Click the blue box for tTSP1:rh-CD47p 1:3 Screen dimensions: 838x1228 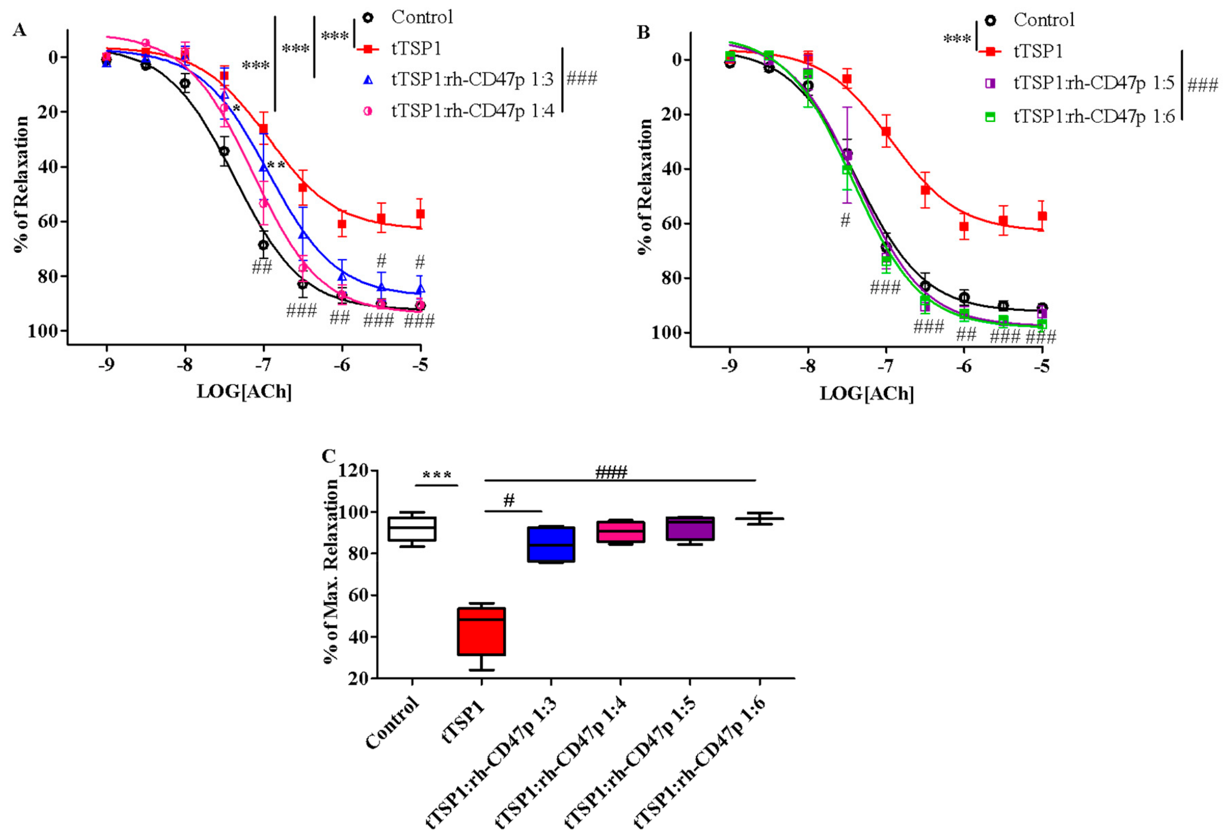pyautogui.click(x=551, y=544)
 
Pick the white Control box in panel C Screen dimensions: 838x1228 pyautogui.click(x=412, y=528)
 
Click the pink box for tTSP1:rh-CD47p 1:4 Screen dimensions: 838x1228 pyautogui.click(x=620, y=532)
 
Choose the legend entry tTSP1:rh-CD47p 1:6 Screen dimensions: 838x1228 pyautogui.click(x=1094, y=116)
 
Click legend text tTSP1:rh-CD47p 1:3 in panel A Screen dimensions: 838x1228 pyautogui.click(x=472, y=80)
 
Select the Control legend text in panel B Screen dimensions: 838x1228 pyautogui.click(x=1044, y=20)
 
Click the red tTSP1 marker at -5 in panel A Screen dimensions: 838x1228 pyautogui.click(x=420, y=214)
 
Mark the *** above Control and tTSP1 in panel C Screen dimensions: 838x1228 pyautogui.click(x=436, y=475)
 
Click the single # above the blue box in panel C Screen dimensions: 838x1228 pyautogui.click(x=509, y=500)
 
